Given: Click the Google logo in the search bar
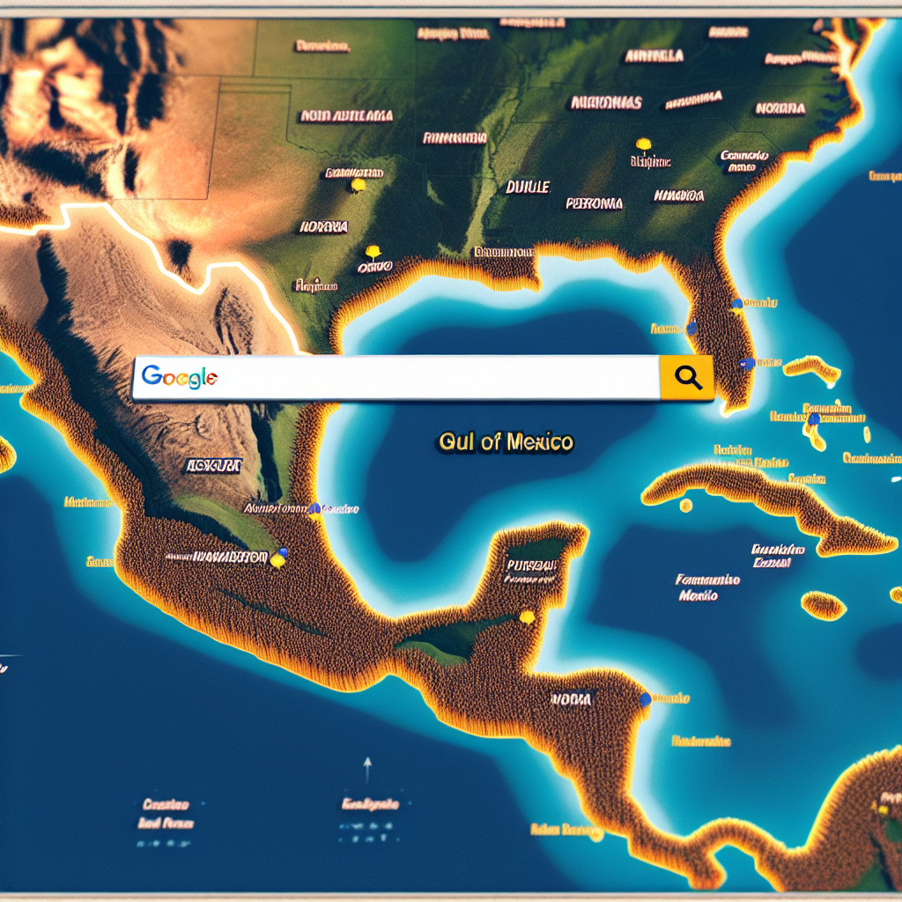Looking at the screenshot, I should tap(179, 377).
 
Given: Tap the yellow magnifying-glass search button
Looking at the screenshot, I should tap(686, 378).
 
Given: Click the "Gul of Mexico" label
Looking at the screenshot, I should tap(506, 442).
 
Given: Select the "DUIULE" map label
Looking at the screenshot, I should tap(528, 187).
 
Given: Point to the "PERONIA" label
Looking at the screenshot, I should tap(593, 203).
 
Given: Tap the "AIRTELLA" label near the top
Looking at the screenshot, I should tap(654, 55).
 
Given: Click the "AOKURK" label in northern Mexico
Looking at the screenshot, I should tap(213, 464).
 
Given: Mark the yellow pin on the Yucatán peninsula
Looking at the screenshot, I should tap(527, 617).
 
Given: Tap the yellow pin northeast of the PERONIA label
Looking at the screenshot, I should tap(642, 144).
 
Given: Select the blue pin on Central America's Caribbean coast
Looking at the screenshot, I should tap(646, 698).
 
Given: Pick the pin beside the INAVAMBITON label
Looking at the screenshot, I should tap(278, 558).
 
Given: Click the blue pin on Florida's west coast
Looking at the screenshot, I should tap(691, 328).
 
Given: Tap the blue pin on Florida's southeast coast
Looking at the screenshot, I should tap(746, 362).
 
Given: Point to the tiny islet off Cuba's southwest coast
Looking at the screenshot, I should tap(685, 506).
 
